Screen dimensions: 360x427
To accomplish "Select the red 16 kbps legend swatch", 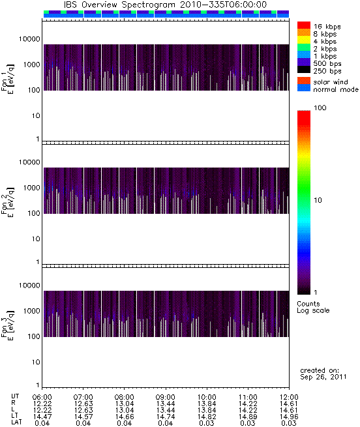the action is point(304,25).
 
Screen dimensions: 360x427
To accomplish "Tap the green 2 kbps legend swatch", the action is point(304,48).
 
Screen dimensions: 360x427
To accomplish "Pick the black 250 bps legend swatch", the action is point(304,70).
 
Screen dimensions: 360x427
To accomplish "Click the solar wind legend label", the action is point(331,82).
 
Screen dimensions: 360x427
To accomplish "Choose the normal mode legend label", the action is point(336,89).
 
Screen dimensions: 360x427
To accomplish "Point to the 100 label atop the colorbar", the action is point(320,108).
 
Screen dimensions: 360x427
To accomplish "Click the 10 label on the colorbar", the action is point(318,200).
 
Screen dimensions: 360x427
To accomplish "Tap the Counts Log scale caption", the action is point(313,307).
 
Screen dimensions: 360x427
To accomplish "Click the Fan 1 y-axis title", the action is point(7,79).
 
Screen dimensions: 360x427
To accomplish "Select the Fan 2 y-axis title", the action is point(7,202).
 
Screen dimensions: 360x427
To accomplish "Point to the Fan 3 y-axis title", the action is point(7,325).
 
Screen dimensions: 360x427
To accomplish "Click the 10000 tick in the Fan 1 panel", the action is point(29,39).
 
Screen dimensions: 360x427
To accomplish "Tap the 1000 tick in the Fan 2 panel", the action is point(31,188).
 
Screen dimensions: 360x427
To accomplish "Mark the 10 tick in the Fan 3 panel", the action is point(36,362).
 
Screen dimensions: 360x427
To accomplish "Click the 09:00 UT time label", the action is point(166,397).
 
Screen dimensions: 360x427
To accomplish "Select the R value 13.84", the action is point(207,404).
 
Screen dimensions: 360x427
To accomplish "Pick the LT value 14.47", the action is point(42,417).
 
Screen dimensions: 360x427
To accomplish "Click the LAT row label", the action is point(16,422).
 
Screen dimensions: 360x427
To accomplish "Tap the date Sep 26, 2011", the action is point(323,377).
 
